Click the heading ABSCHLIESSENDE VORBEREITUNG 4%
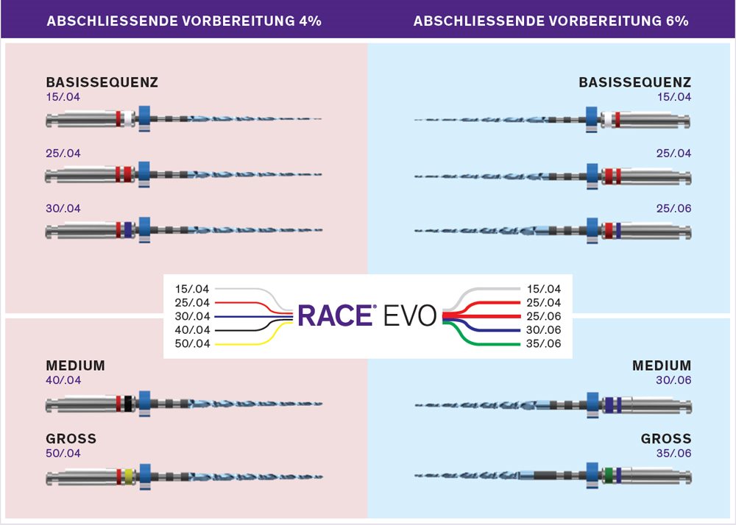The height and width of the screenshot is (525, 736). pos(184,21)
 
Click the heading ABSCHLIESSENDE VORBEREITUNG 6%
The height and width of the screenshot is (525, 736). pos(551,21)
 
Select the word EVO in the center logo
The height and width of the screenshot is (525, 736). pos(410,315)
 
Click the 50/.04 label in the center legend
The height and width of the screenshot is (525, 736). pos(192,343)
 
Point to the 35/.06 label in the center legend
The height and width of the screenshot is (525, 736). pos(544,343)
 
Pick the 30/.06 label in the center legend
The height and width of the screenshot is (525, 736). pos(544,330)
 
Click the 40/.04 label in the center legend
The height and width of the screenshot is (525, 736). pos(192,330)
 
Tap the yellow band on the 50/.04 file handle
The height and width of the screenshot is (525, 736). pos(129,476)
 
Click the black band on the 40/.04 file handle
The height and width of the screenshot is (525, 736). pos(127,404)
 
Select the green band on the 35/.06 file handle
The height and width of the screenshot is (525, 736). pos(609,476)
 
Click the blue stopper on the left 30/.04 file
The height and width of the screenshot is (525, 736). pos(144,229)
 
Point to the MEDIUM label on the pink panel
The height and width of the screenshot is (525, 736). pos(76,365)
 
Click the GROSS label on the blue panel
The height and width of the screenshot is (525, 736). pos(666,439)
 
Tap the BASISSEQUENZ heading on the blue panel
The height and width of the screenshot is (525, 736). pos(635,82)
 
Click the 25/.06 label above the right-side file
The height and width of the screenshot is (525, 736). pos(674,209)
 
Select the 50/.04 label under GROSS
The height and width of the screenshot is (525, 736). pos(63,453)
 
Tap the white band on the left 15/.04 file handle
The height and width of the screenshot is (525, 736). pos(127,118)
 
